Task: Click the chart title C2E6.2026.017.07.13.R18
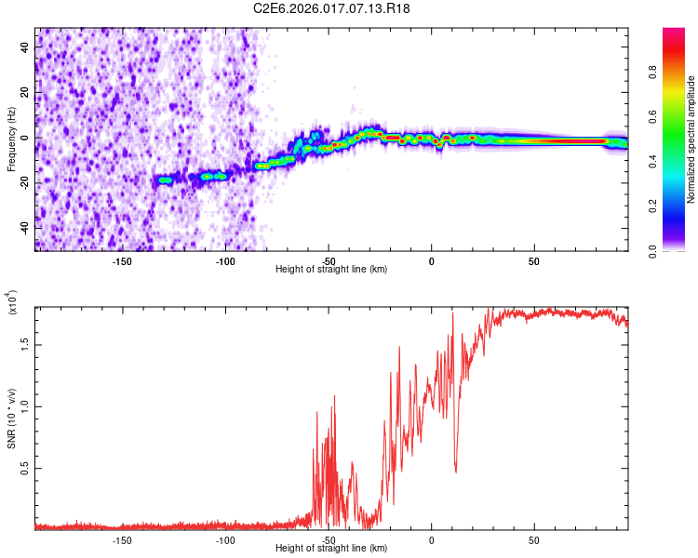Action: [x=332, y=8]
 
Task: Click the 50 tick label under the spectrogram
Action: [x=534, y=262]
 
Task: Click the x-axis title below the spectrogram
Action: [x=331, y=270]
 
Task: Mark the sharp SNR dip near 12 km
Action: [x=456, y=470]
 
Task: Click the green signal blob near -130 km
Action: [x=165, y=179]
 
